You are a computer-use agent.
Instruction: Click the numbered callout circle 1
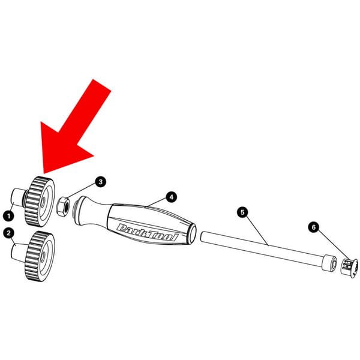(x=9, y=216)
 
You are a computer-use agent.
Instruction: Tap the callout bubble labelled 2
(x=9, y=233)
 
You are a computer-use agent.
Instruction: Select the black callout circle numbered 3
(x=101, y=182)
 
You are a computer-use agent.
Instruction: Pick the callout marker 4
(x=171, y=197)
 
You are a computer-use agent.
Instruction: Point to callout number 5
(x=242, y=212)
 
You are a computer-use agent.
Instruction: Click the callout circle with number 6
(x=314, y=227)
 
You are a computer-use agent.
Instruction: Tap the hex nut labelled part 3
(x=62, y=206)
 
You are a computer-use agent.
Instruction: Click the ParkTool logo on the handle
(x=147, y=232)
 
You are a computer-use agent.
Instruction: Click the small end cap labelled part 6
(x=349, y=268)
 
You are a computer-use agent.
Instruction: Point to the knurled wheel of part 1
(x=40, y=201)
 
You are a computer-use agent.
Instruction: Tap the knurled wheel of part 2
(x=40, y=256)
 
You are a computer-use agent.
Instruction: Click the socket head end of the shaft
(x=329, y=262)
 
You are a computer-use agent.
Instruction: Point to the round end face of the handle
(x=192, y=233)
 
